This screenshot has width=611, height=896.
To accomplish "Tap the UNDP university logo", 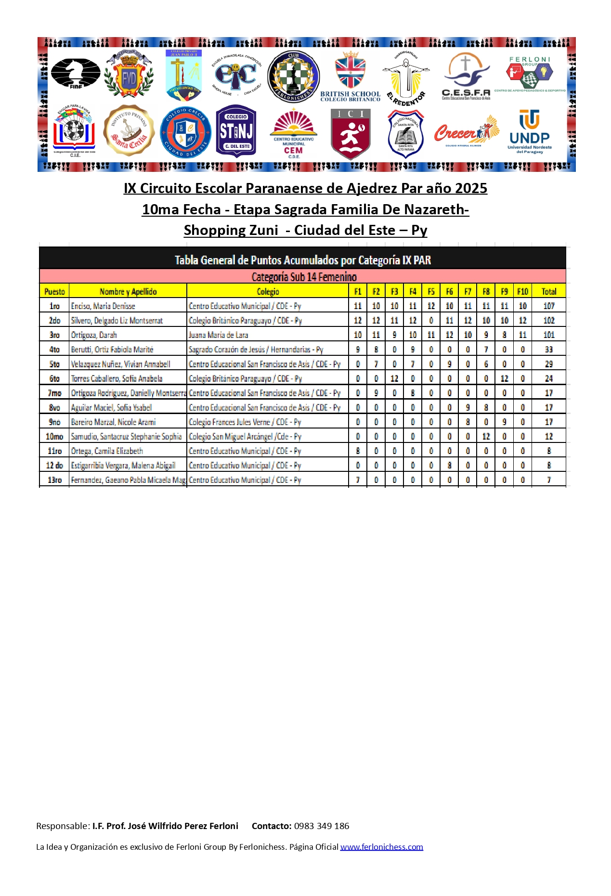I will pyautogui.click(x=530, y=131).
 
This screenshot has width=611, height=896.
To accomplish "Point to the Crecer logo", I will pyautogui.click(x=466, y=131).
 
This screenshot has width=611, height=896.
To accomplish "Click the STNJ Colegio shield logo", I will pyautogui.click(x=236, y=131).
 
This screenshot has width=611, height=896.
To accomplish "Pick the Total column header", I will pyautogui.click(x=548, y=291).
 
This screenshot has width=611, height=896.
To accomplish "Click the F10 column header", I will pyautogui.click(x=522, y=291).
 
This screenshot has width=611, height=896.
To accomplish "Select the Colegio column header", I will pyautogui.click(x=268, y=291).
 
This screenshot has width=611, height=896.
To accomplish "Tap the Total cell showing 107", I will pyautogui.click(x=548, y=306).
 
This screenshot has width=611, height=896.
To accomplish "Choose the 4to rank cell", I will pyautogui.click(x=54, y=350).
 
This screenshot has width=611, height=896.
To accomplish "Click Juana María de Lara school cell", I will pyautogui.click(x=218, y=335).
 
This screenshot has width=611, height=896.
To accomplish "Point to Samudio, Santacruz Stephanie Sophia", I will pyautogui.click(x=126, y=437).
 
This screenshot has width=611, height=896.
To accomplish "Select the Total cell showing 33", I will pyautogui.click(x=548, y=350).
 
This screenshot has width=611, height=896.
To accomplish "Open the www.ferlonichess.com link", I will pyautogui.click(x=381, y=847).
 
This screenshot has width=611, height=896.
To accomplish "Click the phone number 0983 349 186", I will pyautogui.click(x=322, y=826).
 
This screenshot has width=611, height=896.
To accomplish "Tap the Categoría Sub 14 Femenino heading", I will pyautogui.click(x=304, y=277).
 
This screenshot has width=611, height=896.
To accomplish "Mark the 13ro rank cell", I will pyautogui.click(x=54, y=480).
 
